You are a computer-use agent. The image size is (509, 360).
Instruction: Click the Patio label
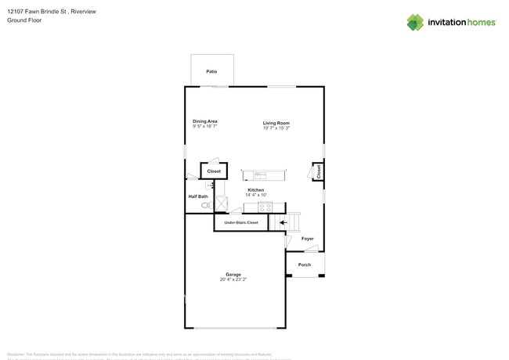tap(211, 71)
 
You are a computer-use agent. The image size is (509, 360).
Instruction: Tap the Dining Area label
tap(204, 121)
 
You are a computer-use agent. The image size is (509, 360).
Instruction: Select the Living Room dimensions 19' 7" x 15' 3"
tap(276, 128)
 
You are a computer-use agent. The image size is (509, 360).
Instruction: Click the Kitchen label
tap(256, 190)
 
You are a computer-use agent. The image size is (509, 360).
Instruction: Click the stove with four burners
tap(265, 207)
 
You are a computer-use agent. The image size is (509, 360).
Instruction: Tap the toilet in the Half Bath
tap(206, 205)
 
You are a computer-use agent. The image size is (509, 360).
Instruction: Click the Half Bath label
tap(198, 196)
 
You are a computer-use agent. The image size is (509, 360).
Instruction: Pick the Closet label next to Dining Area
tap(214, 171)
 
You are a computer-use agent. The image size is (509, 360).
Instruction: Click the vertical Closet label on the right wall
tap(319, 171)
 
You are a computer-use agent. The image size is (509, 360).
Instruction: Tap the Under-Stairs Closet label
tap(241, 222)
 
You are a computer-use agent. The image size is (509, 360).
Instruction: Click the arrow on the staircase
tap(283, 222)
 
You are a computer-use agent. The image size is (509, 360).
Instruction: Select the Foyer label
tap(308, 239)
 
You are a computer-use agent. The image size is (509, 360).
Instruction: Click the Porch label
tap(305, 265)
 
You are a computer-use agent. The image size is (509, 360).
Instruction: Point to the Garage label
tap(233, 274)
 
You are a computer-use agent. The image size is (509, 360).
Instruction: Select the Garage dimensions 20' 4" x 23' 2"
tap(233, 279)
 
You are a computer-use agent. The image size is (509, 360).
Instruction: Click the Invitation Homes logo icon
tap(415, 22)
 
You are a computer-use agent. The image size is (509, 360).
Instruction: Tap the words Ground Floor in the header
tap(24, 20)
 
